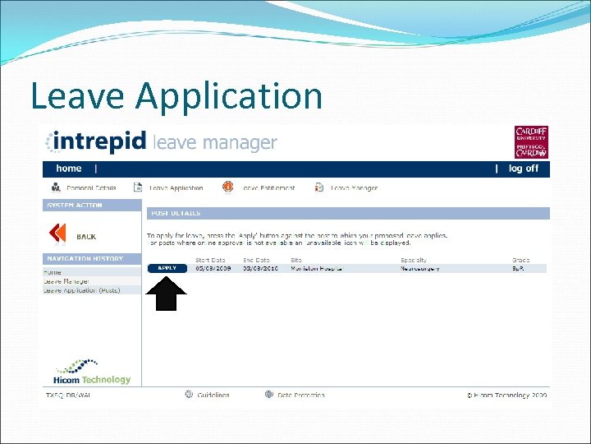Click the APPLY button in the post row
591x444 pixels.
167,268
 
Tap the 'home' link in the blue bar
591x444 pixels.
69,169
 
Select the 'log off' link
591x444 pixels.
524,169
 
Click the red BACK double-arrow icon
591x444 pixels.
57,234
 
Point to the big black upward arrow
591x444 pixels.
167,294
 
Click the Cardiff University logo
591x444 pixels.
531,142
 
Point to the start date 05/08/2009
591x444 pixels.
212,268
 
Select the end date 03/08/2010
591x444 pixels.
259,268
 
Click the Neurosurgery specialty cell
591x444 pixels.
420,268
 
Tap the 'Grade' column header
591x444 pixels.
520,260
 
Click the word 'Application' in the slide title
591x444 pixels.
230,95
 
